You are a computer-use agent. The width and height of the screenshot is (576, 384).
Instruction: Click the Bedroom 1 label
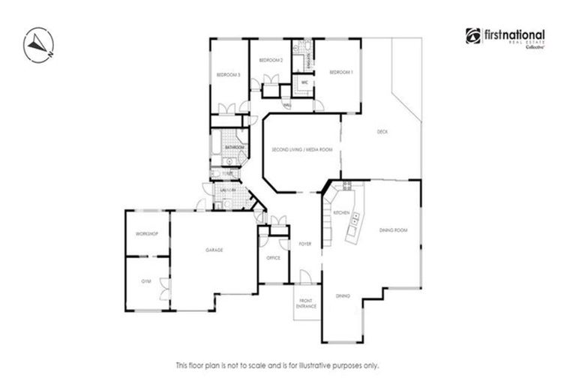click(x=340, y=72)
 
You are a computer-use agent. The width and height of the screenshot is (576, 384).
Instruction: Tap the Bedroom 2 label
click(x=270, y=59)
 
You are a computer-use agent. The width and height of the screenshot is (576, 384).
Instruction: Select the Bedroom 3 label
click(x=228, y=75)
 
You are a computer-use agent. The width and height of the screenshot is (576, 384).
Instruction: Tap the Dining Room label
click(x=393, y=230)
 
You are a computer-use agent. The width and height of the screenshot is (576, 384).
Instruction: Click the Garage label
click(x=215, y=250)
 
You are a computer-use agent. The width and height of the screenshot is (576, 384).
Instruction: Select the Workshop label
click(x=146, y=235)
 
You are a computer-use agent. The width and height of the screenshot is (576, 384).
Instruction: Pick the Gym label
click(x=145, y=281)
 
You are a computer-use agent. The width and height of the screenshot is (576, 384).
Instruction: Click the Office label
click(x=273, y=258)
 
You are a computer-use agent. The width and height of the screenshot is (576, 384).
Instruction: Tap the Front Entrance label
click(x=306, y=304)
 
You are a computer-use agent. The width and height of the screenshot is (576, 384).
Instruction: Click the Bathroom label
click(x=234, y=148)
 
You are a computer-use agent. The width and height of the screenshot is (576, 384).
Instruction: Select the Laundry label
click(x=227, y=190)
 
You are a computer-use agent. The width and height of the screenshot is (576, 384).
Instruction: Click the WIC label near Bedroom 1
click(x=305, y=82)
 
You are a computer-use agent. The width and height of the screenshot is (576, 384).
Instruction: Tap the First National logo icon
click(x=472, y=35)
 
